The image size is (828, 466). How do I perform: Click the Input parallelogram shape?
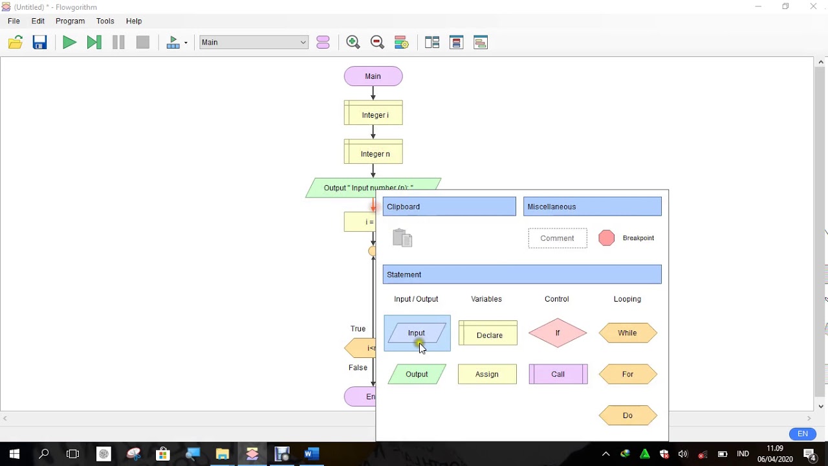417,333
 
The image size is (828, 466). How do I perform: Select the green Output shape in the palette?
417,374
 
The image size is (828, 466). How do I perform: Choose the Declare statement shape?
488,334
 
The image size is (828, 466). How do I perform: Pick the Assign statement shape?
487,374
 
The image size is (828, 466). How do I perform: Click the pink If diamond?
558,333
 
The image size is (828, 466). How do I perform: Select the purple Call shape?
558,374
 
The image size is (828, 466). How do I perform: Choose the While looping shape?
627,333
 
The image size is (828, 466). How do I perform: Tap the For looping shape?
627,374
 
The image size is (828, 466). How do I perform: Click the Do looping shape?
627,416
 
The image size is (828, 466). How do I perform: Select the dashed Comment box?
558,238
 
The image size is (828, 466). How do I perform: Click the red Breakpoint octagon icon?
607,238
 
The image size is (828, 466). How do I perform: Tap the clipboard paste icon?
402,238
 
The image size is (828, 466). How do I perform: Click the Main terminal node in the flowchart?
373,76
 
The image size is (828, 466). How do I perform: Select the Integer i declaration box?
373,114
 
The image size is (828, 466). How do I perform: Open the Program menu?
70,21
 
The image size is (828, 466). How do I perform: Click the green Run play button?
69,43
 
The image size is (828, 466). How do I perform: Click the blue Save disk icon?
40,43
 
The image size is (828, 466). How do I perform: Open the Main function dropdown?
254,43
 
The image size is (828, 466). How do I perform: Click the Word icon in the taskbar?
312,454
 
